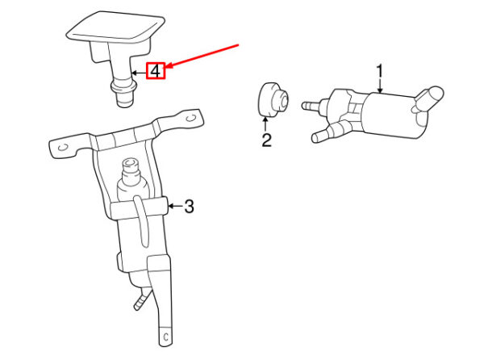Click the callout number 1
[x=380, y=71]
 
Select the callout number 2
[x=266, y=140]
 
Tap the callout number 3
[x=190, y=207]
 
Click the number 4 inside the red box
[x=155, y=71]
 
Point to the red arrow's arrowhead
[x=169, y=65]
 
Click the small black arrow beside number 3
[x=175, y=206]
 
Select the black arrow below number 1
[x=380, y=86]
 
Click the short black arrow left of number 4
[x=139, y=73]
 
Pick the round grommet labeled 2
[x=273, y=100]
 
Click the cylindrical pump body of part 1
[x=392, y=114]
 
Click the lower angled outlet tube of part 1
[x=329, y=132]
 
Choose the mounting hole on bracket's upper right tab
[x=191, y=118]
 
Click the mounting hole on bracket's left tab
[x=63, y=148]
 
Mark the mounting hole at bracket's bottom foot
[x=165, y=337]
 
